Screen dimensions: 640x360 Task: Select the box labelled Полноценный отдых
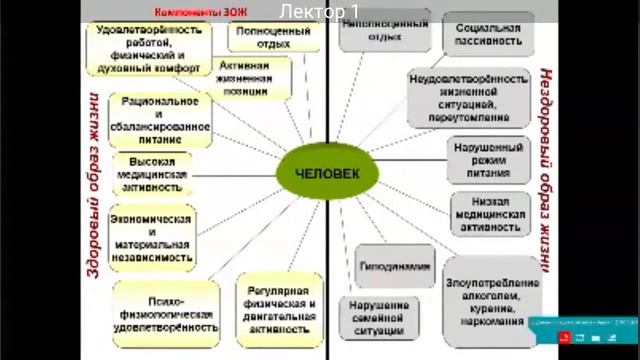(272, 37)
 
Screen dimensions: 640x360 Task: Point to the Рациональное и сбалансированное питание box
(164, 120)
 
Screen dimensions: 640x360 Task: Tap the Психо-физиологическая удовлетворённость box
(166, 311)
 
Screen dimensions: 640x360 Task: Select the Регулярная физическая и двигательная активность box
(279, 311)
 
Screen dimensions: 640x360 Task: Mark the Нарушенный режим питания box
(488, 158)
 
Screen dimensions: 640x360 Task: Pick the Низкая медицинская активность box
(488, 213)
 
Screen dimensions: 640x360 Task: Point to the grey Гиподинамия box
(395, 267)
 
